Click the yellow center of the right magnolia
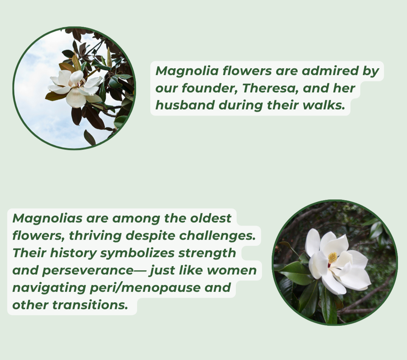coord(332,258)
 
